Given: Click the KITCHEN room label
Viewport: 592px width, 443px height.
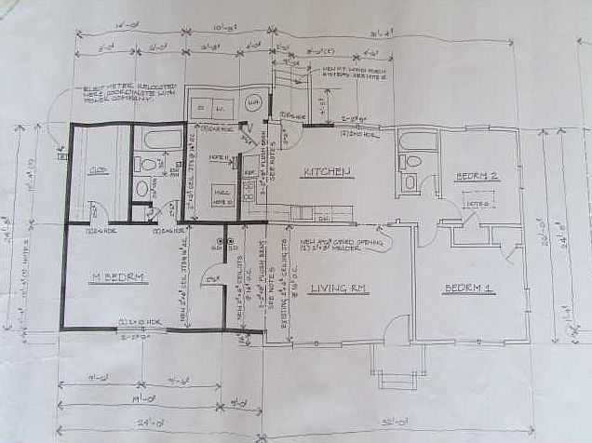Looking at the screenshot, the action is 326,171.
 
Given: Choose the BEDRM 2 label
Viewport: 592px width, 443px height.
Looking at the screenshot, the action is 478,177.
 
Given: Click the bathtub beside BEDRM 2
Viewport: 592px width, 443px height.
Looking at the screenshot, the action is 416,142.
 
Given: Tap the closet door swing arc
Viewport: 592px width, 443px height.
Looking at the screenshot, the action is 94,210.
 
